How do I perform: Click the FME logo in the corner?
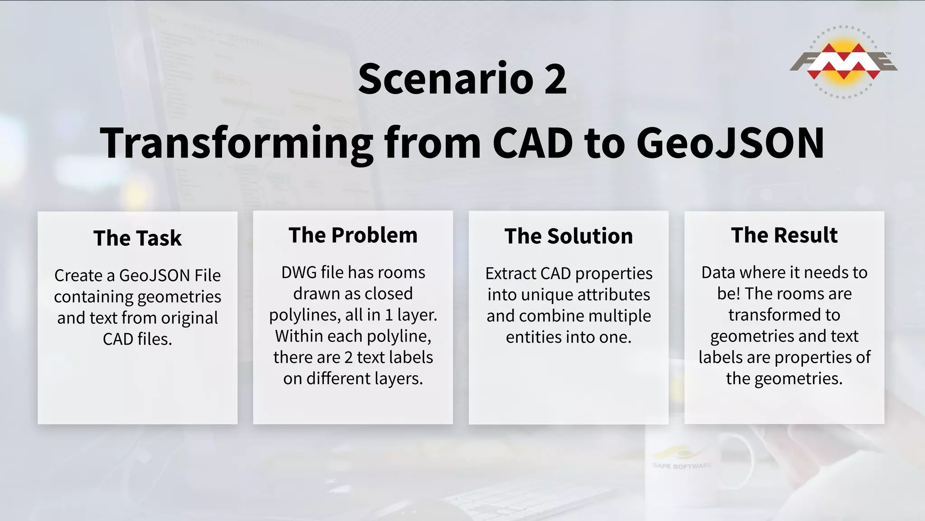click(843, 62)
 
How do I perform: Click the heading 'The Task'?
click(137, 238)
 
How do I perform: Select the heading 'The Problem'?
click(353, 236)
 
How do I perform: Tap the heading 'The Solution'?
click(569, 237)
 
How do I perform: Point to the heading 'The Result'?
click(784, 236)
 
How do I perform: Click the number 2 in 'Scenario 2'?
click(555, 79)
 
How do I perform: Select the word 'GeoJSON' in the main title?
click(730, 143)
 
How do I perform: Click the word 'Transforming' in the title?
click(236, 143)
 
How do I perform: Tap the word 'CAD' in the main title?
click(533, 143)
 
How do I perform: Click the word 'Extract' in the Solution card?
click(510, 274)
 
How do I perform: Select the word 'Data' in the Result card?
click(718, 273)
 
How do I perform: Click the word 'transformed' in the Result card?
click(784, 315)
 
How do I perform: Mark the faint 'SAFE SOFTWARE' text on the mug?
click(682, 466)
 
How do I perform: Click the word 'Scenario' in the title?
click(445, 79)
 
